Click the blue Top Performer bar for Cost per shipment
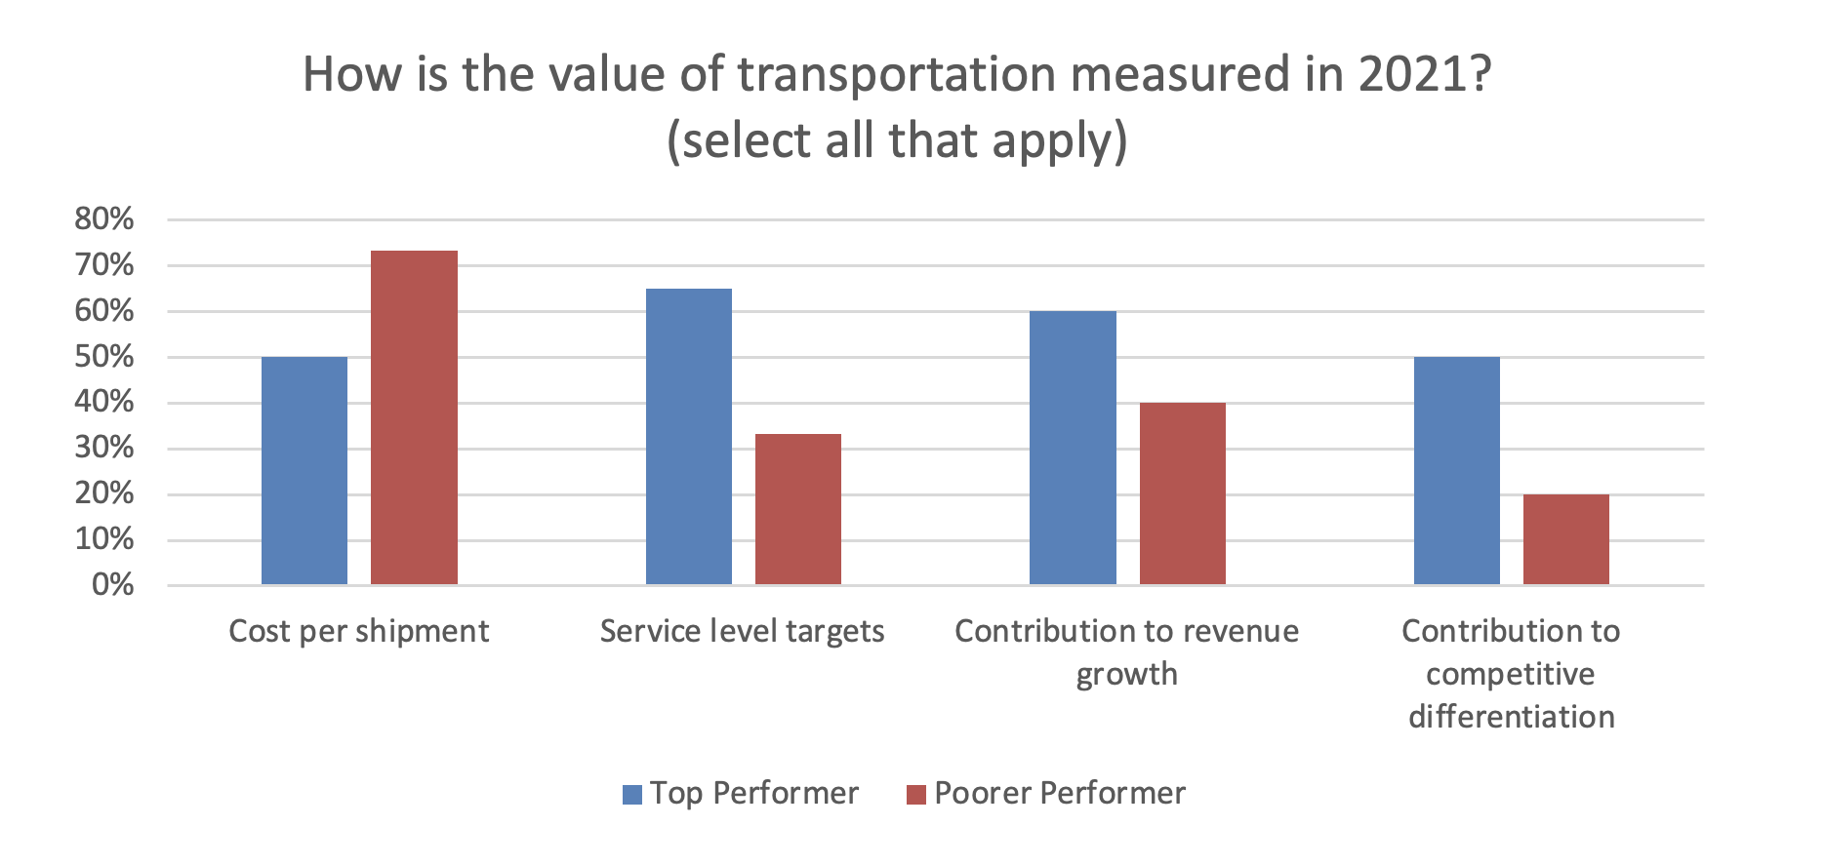point(304,471)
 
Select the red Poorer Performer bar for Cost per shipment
point(414,417)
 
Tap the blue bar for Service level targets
point(689,437)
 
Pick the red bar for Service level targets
point(798,509)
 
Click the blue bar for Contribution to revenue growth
point(1073,448)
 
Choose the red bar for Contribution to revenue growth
point(1182,493)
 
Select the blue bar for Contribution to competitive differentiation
point(1456,471)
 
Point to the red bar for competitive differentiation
point(1565,539)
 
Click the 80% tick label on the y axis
point(104,218)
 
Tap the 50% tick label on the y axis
point(104,356)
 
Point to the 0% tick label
point(112,584)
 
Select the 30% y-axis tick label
point(104,448)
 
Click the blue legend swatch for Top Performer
point(632,794)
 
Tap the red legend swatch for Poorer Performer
point(915,794)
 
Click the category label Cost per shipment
point(358,631)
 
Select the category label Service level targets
point(742,631)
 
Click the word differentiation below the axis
point(1511,717)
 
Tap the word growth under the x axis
point(1126,674)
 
